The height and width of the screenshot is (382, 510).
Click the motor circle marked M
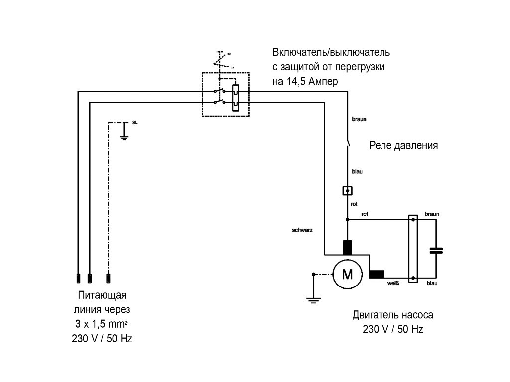[x=348, y=274]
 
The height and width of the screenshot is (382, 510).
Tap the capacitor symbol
[x=436, y=250]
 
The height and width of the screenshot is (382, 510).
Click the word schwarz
[x=303, y=231]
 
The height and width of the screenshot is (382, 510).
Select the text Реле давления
[x=403, y=146]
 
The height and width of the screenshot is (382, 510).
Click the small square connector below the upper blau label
[x=348, y=190]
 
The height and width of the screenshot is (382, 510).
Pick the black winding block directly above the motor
[x=348, y=247]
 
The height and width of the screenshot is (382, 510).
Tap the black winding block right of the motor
[x=377, y=274]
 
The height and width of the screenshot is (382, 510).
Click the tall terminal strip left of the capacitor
[x=413, y=249]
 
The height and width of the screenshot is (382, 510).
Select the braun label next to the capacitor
[x=432, y=214]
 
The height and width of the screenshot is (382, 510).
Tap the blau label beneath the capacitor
[x=432, y=283]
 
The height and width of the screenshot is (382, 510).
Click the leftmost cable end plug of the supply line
[x=78, y=278]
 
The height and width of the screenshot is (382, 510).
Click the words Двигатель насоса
[x=392, y=315]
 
